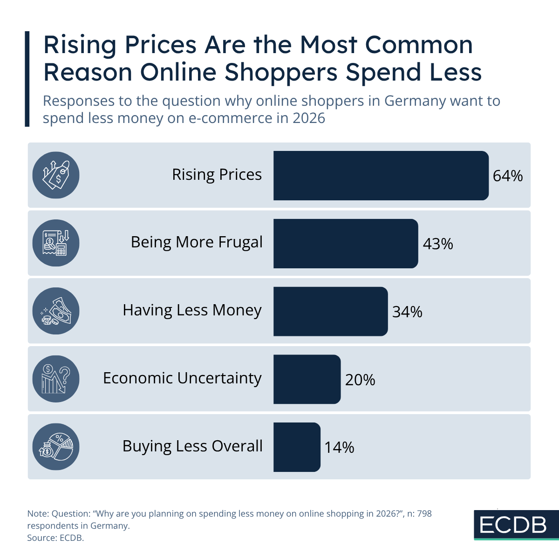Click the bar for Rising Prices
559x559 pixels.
(x=381, y=176)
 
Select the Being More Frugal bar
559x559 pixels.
(x=345, y=244)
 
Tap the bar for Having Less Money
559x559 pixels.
(x=330, y=311)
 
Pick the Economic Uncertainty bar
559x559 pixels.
(x=307, y=379)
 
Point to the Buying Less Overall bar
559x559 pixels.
(x=297, y=447)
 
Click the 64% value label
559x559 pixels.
(x=508, y=176)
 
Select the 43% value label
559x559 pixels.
(x=438, y=244)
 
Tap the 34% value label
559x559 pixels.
(x=407, y=312)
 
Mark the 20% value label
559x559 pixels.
(x=360, y=380)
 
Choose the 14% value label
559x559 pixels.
(x=339, y=448)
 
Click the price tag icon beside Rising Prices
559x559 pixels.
(x=56, y=176)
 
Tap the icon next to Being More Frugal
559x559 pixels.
(x=56, y=243)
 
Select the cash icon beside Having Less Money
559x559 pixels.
(x=56, y=311)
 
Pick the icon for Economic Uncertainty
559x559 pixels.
(x=56, y=379)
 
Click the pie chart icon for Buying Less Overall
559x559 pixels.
(x=56, y=447)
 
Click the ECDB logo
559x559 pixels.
(x=513, y=525)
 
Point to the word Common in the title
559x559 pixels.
(x=419, y=45)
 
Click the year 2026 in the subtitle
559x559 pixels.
(x=308, y=118)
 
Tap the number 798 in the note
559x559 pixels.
(x=424, y=514)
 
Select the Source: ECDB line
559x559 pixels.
(x=55, y=538)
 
